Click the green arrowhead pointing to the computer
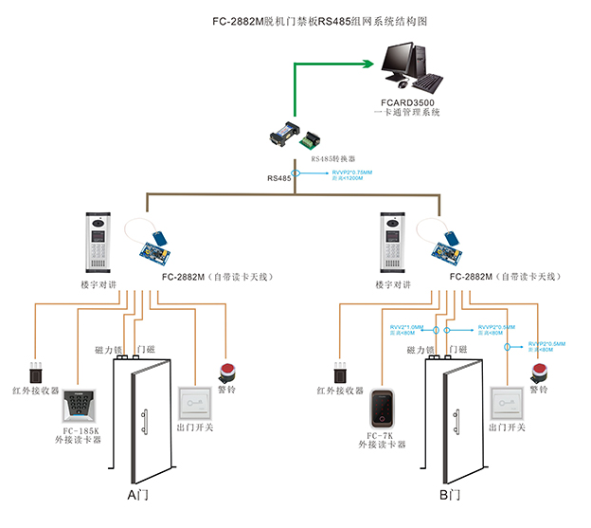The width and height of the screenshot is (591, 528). [x=368, y=64]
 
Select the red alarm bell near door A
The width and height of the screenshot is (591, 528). [x=227, y=371]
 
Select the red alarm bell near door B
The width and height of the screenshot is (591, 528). [x=540, y=371]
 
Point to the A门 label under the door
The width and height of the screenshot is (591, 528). [x=138, y=496]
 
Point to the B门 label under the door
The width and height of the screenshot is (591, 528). [x=450, y=496]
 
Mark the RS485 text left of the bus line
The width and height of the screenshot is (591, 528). [x=278, y=176]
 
